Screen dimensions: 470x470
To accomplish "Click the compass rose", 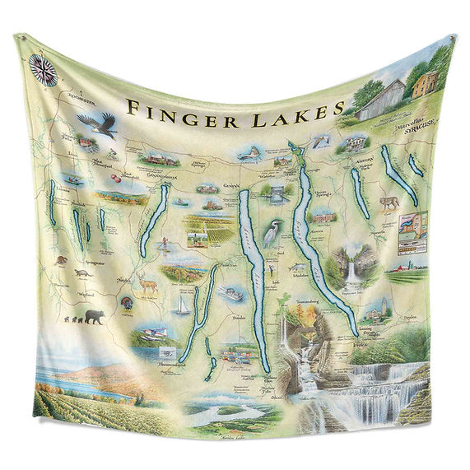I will coord(44,70).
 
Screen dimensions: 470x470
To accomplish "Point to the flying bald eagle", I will coord(97,124).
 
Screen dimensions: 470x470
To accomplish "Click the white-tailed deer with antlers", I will coord(148,285).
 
